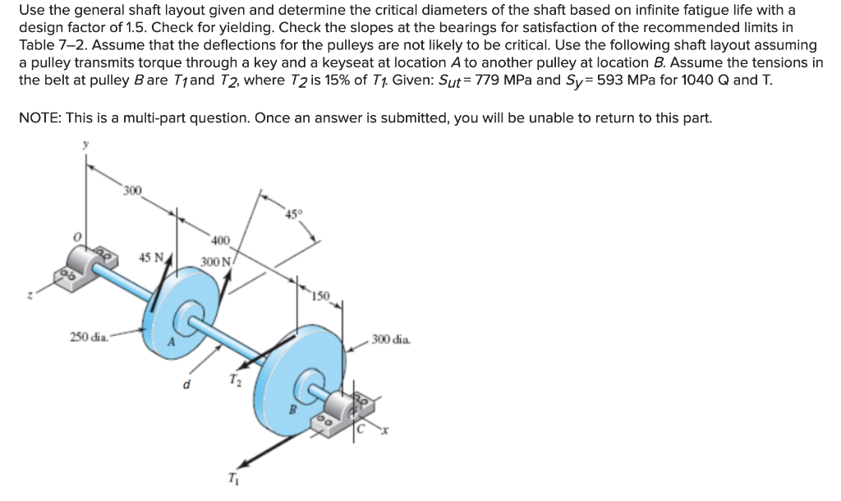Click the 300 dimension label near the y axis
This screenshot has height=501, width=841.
132,191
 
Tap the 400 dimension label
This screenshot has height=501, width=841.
220,241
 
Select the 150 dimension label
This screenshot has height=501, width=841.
321,296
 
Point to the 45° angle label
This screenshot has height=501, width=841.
294,214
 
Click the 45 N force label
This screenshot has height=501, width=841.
152,257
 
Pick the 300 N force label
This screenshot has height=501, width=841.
216,262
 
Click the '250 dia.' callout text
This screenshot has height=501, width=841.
89,337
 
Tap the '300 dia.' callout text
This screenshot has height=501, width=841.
391,339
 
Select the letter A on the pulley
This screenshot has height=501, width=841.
172,342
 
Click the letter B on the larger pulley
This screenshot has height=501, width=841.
293,410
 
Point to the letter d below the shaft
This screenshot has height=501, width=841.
186,384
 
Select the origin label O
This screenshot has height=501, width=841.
77,237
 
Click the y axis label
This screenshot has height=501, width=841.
85,145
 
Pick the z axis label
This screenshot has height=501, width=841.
30,295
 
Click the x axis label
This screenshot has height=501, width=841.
384,430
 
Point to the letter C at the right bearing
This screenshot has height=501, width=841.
361,429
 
